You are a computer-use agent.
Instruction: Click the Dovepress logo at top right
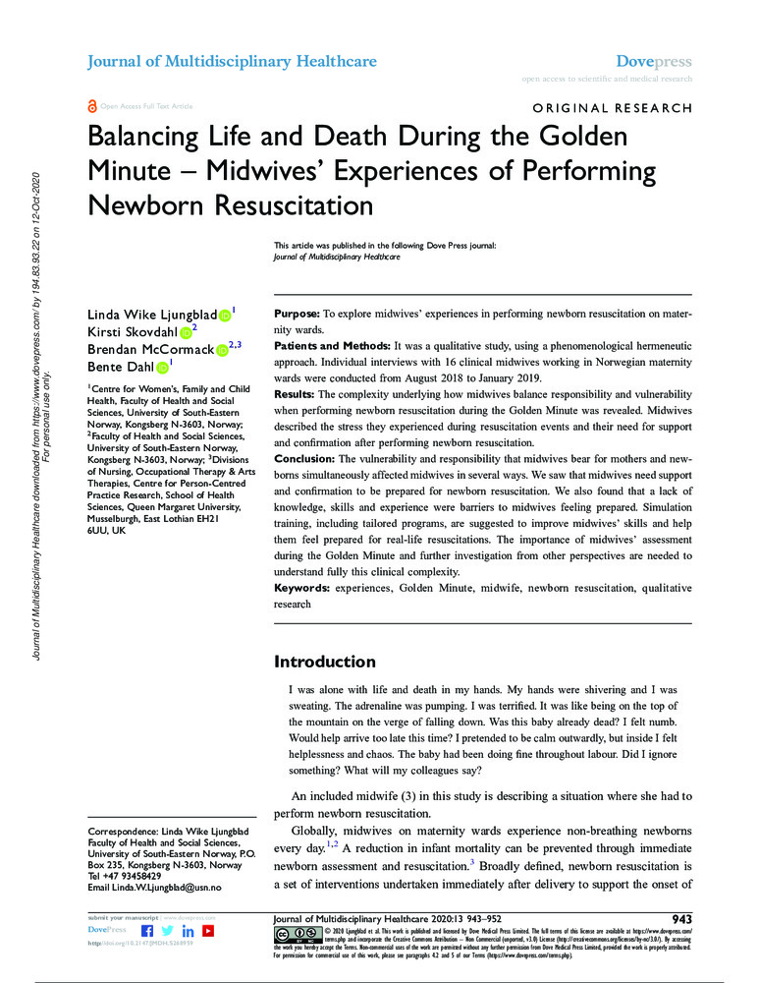point(659,61)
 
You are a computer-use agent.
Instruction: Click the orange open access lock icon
point(93,105)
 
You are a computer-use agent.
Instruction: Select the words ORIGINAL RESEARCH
point(613,108)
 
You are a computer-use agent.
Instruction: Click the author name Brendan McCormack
point(150,351)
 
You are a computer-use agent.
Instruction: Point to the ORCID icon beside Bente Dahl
point(162,369)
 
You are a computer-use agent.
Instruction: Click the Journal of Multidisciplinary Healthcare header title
point(232,62)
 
